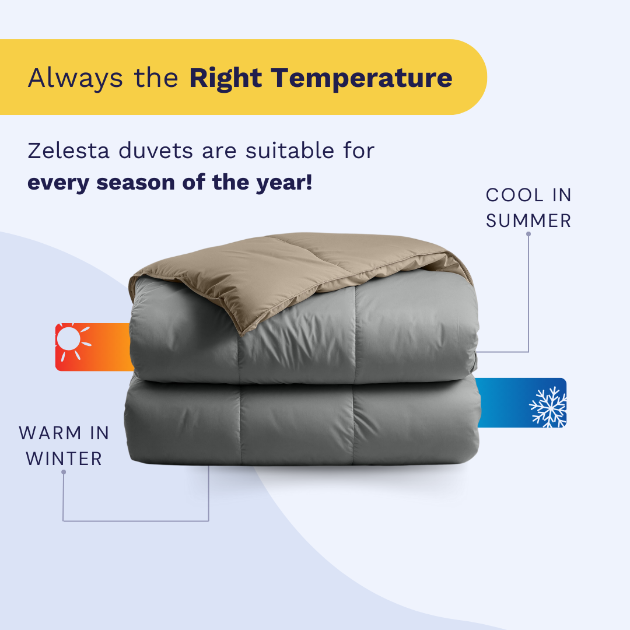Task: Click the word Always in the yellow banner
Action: (75, 79)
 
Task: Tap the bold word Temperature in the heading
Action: (362, 78)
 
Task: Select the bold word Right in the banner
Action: (226, 79)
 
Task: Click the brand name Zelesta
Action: (68, 151)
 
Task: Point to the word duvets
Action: (156, 151)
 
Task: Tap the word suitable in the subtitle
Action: (290, 151)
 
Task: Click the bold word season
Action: (135, 183)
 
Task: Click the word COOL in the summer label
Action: (514, 195)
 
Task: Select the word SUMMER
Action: (528, 221)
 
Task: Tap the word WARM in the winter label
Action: (51, 433)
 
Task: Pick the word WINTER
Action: (64, 459)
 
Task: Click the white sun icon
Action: (72, 341)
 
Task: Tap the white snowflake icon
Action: (548, 407)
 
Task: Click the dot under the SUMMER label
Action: (528, 234)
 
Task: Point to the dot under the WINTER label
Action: (64, 472)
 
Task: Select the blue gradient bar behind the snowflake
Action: (521, 402)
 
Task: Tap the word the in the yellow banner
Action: (156, 78)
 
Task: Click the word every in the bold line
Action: (59, 183)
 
